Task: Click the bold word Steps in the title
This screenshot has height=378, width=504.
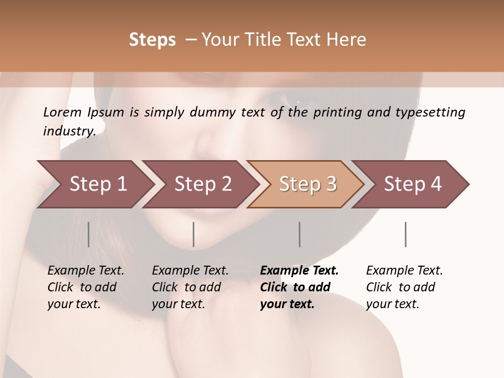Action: click(152, 39)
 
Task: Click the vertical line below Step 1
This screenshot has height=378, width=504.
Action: click(88, 234)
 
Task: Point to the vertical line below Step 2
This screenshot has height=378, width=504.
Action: click(194, 234)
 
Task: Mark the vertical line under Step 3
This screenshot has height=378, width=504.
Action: click(299, 234)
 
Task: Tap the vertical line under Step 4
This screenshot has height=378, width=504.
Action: click(405, 234)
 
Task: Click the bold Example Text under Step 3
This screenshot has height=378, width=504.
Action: click(299, 271)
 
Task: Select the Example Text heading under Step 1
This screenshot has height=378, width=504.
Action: click(86, 271)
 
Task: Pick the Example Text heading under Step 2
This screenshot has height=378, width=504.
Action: click(190, 271)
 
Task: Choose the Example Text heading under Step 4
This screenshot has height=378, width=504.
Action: click(404, 271)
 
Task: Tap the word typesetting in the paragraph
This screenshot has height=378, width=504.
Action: click(435, 112)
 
